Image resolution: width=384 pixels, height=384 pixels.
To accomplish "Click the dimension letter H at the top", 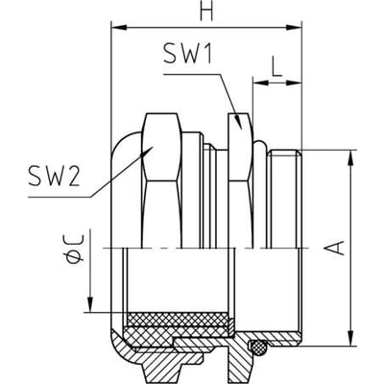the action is (x=206, y=12).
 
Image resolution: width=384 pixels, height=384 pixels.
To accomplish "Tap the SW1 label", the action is (x=187, y=53).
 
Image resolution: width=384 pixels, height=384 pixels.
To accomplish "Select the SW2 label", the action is (x=54, y=177).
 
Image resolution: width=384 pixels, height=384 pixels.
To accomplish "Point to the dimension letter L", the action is (x=277, y=66).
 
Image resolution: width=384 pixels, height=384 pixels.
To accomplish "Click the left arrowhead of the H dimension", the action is (x=119, y=27).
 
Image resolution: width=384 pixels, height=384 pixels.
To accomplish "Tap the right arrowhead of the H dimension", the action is (x=294, y=28).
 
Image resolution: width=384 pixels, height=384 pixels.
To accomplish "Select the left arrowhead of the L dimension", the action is (x=261, y=83).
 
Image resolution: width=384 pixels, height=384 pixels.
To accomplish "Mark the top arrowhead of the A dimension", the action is (x=351, y=158).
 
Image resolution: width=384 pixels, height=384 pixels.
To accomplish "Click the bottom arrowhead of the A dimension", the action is (x=351, y=338).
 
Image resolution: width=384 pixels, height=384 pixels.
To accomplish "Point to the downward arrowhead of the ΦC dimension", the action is (x=91, y=304).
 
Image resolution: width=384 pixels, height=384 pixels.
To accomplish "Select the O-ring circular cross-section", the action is (x=258, y=347).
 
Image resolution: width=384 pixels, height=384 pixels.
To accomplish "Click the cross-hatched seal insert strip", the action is (x=178, y=319).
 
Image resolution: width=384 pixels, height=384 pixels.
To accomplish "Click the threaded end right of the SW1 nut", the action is (x=284, y=199).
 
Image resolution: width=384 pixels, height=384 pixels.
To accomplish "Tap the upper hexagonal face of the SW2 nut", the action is (x=162, y=147).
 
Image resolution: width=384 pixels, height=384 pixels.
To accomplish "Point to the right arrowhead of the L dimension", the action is (x=294, y=83).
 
